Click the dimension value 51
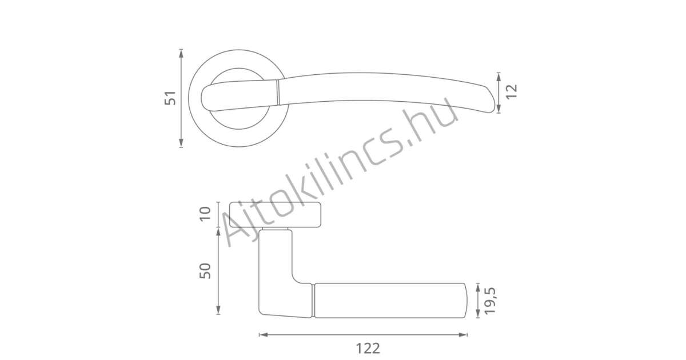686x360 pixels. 170,98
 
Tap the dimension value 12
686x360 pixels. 512,91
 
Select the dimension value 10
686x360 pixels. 205,214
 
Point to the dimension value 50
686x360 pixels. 205,271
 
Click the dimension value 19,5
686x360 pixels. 490,301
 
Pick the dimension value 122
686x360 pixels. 368,349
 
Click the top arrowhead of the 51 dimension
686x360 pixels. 181,53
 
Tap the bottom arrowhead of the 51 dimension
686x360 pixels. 181,143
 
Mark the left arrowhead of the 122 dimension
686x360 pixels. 264,335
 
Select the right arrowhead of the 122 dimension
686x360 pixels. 462,335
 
